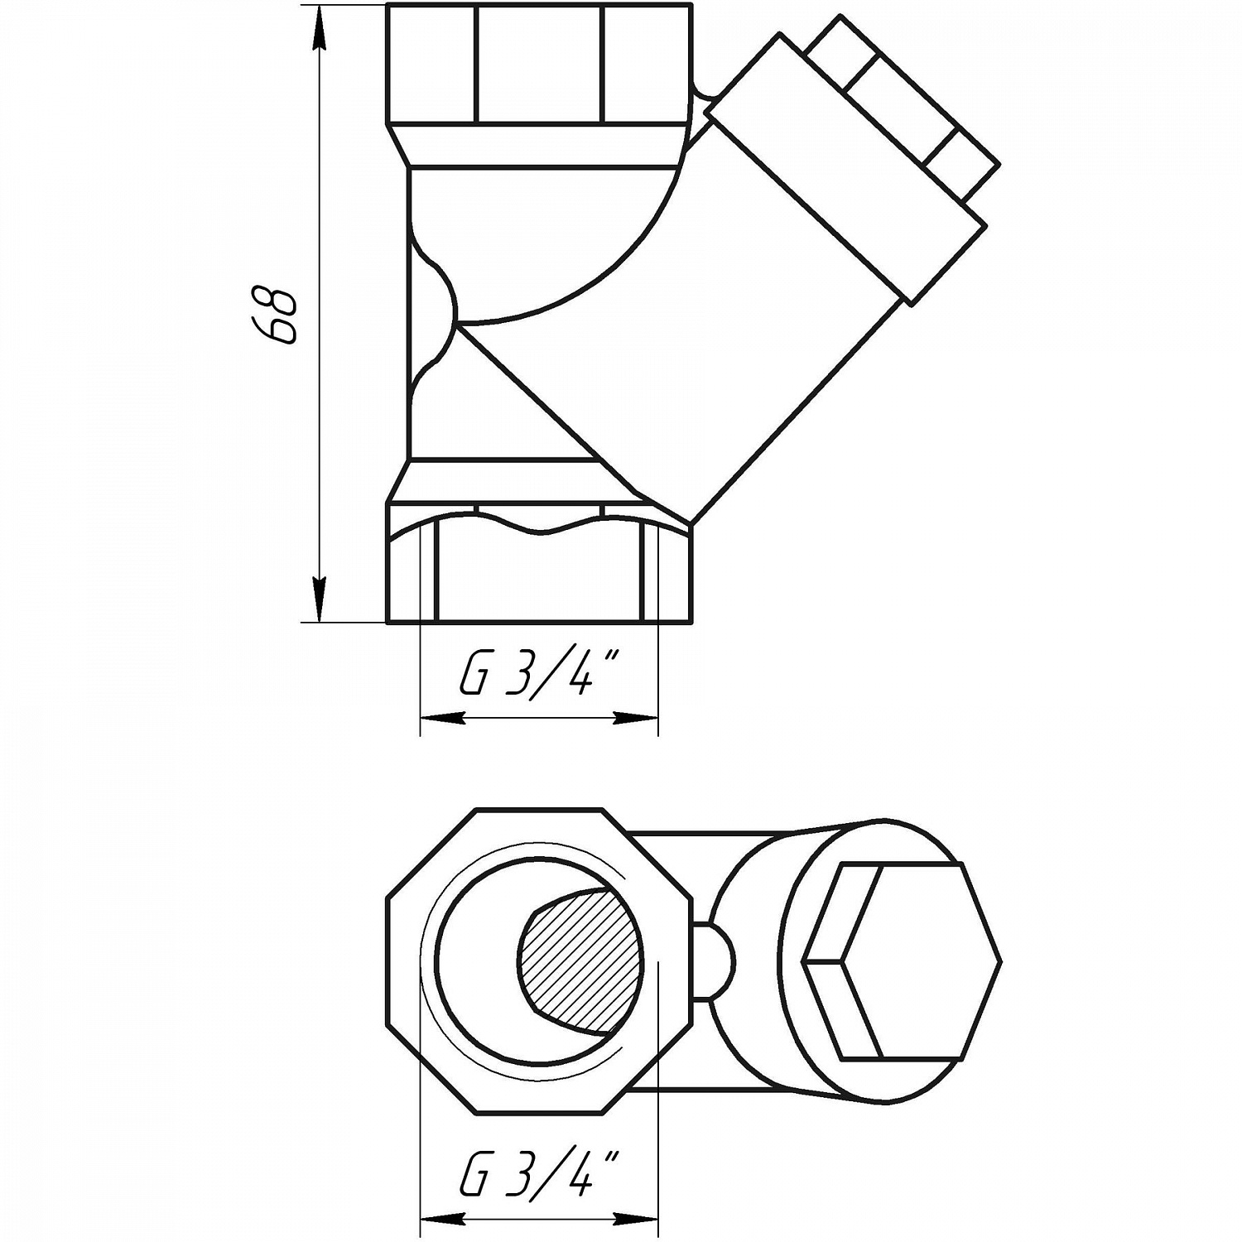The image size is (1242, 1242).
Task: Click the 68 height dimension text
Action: point(274,315)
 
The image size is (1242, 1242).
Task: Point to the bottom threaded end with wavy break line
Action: point(538,571)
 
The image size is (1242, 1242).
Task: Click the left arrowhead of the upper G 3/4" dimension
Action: point(439,719)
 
